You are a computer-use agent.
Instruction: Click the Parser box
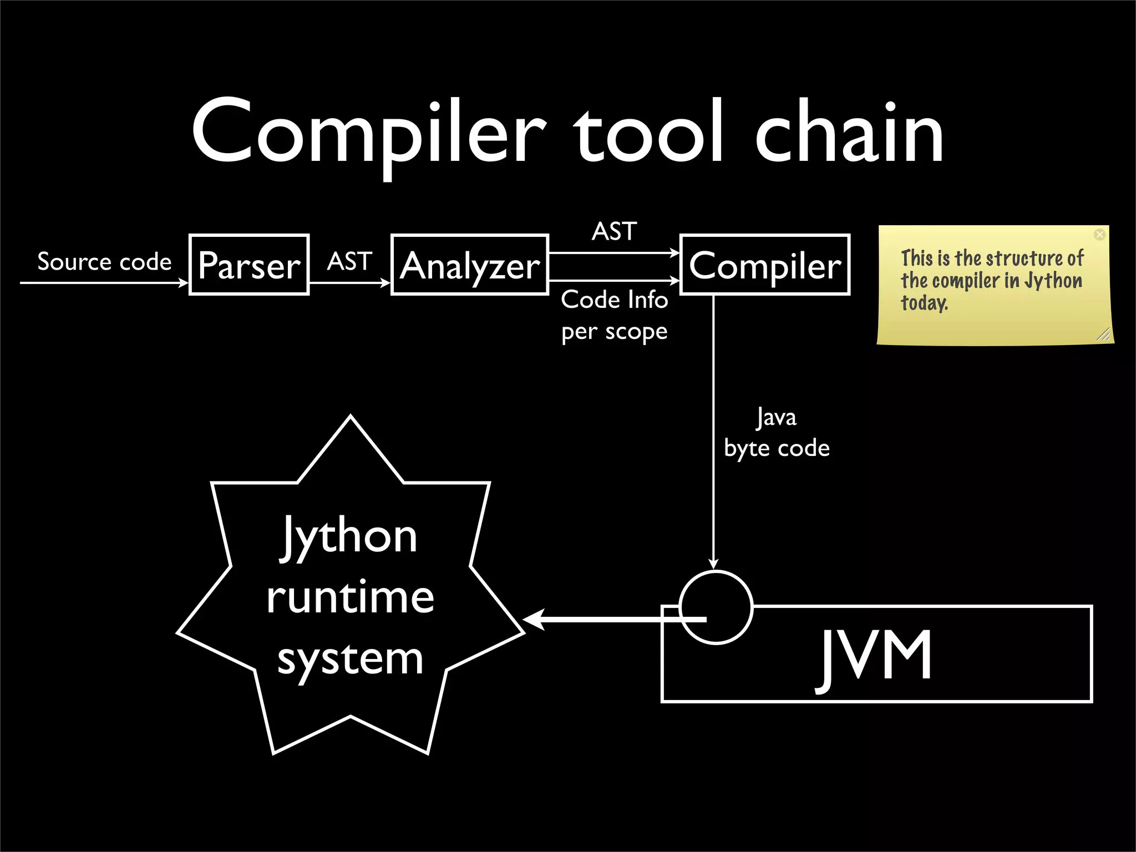[249, 265]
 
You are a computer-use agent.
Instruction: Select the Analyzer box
[470, 265]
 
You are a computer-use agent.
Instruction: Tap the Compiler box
[765, 265]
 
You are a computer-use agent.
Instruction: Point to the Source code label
[104, 261]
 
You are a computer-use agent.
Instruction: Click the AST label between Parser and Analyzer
[349, 261]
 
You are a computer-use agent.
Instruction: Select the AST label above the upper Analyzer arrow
[614, 231]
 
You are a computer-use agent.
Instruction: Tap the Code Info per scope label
[614, 315]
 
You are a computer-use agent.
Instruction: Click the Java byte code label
[777, 433]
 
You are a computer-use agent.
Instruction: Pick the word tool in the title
[649, 133]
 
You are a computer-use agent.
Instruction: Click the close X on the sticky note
[1099, 235]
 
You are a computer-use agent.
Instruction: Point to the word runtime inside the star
[350, 597]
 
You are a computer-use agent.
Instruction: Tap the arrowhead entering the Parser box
[184, 283]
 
